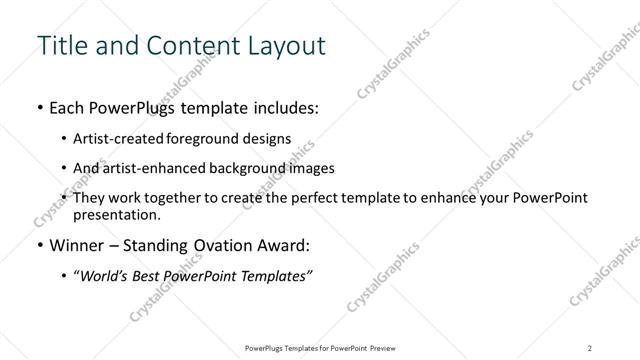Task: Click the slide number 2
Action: point(590,347)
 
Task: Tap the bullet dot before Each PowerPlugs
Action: point(38,108)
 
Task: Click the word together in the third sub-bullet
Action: point(187,198)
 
